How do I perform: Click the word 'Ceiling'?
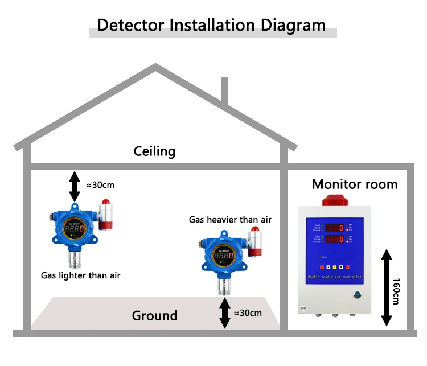coord(154,151)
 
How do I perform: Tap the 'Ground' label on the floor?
coord(154,315)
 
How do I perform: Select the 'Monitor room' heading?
coord(355,184)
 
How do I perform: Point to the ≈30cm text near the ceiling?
coord(100,184)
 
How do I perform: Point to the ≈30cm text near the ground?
coord(248,312)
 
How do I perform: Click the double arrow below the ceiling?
coord(75,186)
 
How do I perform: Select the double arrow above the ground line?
coord(225,314)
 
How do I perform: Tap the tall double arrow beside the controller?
coord(386,287)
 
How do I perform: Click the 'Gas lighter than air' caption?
coord(80,275)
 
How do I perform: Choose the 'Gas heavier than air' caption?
coord(230,220)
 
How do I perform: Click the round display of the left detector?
coord(74,229)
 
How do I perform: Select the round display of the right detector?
coord(223,256)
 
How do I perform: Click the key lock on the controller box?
coord(357,295)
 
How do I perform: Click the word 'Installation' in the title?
coord(210,25)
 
